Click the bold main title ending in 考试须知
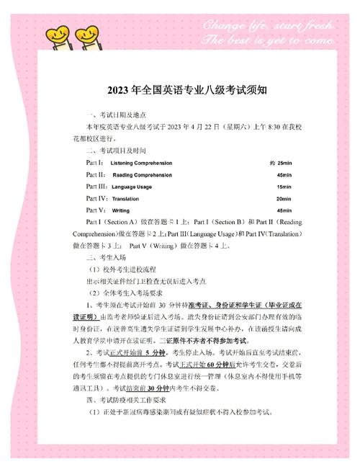point(180,90)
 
